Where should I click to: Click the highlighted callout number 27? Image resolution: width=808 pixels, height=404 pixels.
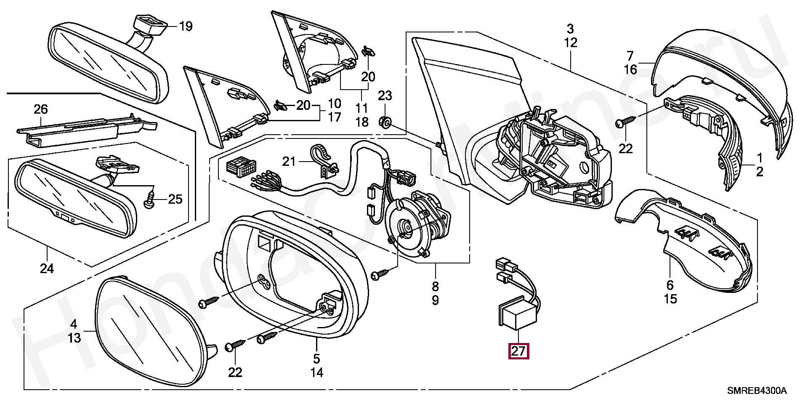[518, 351]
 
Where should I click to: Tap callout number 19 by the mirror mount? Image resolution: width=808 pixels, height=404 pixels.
[186, 27]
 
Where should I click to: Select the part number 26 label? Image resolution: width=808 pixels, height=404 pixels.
[41, 109]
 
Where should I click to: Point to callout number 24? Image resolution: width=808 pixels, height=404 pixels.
[47, 268]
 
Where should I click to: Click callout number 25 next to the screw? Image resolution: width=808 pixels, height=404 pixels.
[175, 199]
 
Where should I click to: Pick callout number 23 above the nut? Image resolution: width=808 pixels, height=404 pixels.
[384, 96]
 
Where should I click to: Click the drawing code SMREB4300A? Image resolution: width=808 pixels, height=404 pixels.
[758, 391]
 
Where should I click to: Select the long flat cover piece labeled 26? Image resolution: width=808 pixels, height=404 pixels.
[86, 130]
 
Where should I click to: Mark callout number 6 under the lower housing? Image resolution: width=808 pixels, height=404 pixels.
[670, 285]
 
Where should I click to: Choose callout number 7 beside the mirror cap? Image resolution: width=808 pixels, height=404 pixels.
[630, 56]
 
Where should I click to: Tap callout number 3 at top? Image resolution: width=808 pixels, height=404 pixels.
[570, 29]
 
